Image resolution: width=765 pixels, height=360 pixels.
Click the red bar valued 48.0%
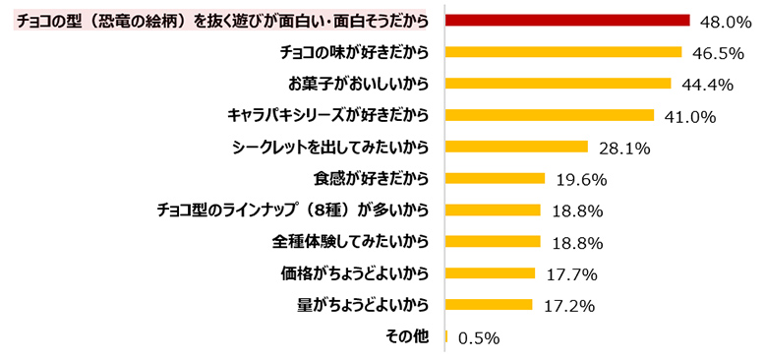click(x=567, y=20)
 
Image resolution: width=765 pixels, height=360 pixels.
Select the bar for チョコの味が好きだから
click(x=563, y=52)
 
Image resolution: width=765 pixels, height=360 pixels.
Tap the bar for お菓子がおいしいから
click(x=559, y=84)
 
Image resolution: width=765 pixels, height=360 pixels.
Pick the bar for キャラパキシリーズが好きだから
click(x=550, y=115)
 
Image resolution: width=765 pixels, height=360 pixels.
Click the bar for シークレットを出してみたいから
click(x=516, y=147)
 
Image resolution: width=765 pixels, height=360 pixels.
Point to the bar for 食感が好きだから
click(x=496, y=178)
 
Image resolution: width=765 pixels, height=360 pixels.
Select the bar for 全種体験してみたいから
click(x=494, y=241)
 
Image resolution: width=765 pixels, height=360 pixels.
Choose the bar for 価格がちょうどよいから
click(x=491, y=272)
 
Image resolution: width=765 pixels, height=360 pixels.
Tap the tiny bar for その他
click(x=447, y=336)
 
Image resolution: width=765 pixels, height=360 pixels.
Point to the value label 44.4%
click(x=707, y=86)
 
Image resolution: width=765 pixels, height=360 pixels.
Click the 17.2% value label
click(x=569, y=306)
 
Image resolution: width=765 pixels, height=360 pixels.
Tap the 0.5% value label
click(x=479, y=337)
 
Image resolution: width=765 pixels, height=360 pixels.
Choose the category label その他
click(x=408, y=336)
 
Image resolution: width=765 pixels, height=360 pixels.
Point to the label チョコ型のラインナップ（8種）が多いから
click(x=293, y=210)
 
